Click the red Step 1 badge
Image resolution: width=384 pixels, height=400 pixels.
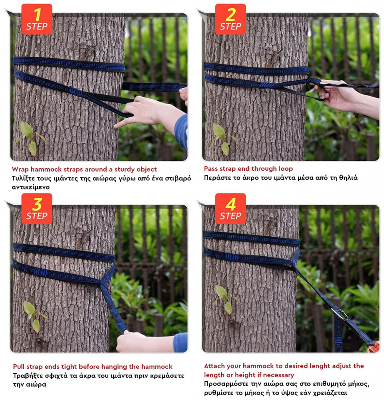[37, 19]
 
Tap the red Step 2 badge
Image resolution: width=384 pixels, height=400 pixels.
[230, 19]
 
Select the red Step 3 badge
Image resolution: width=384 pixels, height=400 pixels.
[37, 209]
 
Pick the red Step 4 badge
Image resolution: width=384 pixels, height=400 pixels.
[230, 209]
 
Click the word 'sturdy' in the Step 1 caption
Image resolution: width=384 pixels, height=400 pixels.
[125, 170]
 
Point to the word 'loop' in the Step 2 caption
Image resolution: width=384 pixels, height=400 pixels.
[286, 169]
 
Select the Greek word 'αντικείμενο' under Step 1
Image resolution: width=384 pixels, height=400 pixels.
[30, 187]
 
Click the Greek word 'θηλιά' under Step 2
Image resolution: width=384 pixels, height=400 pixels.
[348, 177]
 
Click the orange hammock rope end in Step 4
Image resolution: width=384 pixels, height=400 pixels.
[374, 347]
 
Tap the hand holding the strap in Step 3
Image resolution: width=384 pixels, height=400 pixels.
[134, 341]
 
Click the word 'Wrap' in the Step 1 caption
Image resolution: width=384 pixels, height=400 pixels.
[20, 170]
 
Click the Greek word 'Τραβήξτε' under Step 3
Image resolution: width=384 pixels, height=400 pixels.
[28, 376]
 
